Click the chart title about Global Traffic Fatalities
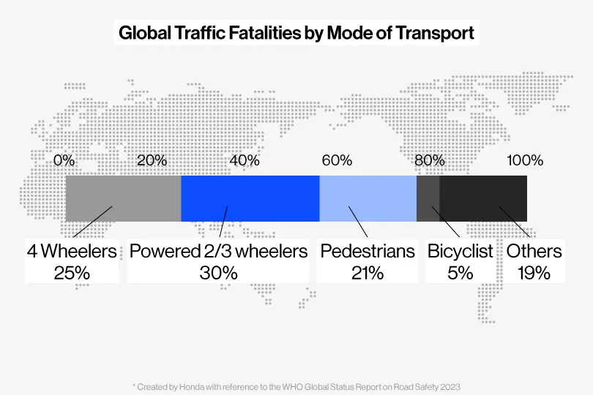(296, 33)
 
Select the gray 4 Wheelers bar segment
(123, 198)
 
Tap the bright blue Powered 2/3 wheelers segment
(250, 198)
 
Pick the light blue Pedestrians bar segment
(368, 198)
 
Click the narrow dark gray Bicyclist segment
(428, 198)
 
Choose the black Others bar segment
(483, 198)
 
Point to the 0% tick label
(64, 160)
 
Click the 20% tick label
(152, 160)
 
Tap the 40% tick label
(245, 160)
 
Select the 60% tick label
(337, 160)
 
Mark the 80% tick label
(429, 160)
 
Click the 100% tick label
(525, 160)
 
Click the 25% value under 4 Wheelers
(72, 273)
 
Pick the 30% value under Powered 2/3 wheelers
(218, 273)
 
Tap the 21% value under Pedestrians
(367, 273)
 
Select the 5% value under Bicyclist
(460, 273)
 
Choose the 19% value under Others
(534, 273)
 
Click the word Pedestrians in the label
(368, 252)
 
